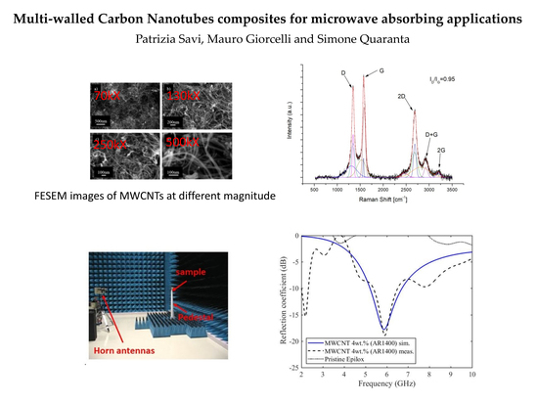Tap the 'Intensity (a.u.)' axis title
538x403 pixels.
294,124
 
